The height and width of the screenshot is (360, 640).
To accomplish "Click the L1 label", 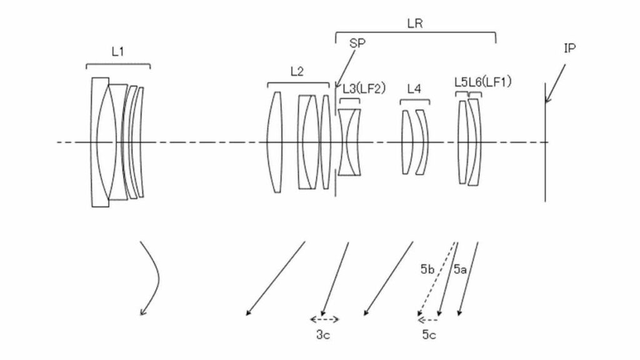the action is (117, 52).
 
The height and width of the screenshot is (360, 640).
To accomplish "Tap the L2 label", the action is (297, 71).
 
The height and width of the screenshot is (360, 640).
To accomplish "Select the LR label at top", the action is (415, 24).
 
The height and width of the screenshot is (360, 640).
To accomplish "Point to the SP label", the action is (357, 43).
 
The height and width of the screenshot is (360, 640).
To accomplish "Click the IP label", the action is (570, 49).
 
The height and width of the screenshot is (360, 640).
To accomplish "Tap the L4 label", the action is (414, 89).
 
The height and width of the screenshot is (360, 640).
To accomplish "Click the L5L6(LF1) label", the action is (483, 82).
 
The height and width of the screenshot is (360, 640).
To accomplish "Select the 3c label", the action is (323, 335).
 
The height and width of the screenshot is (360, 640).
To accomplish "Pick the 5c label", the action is (429, 335).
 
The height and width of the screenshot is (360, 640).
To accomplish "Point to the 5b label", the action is (427, 269).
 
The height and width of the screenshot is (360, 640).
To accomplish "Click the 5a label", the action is (460, 269).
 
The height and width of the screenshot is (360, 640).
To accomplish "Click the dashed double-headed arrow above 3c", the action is (324, 319).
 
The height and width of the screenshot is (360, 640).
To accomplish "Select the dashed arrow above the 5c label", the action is (427, 319).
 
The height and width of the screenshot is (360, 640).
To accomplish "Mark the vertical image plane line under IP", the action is (545, 142).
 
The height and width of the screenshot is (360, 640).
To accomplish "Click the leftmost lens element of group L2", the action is (274, 142).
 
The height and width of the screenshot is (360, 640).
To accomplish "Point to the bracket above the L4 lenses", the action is (415, 101).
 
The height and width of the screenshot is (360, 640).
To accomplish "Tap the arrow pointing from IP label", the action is (556, 84).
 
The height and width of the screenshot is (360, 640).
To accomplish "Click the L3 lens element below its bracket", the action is (349, 142).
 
